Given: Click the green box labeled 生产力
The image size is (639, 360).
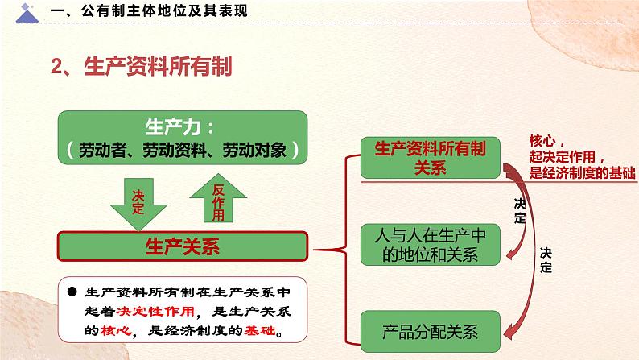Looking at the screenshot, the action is (183, 138).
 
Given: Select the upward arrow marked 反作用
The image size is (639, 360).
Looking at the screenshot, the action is (217, 200).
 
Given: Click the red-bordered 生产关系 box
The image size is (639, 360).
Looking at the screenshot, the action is (181, 245).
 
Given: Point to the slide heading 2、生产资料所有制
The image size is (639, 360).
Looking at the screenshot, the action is (142, 67).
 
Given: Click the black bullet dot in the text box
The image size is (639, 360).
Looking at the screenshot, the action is (71, 292).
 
